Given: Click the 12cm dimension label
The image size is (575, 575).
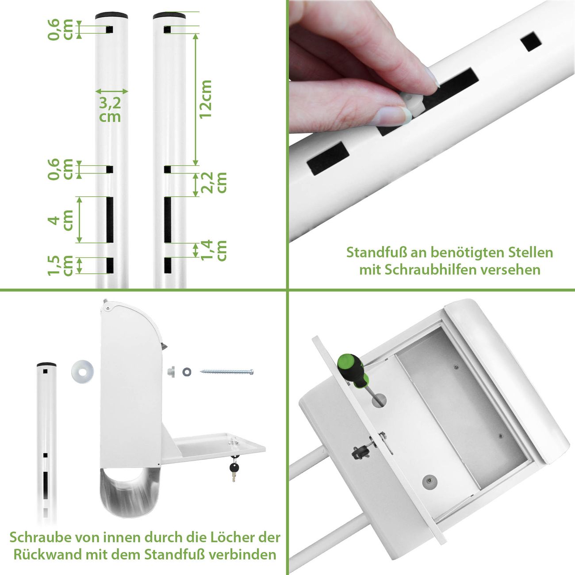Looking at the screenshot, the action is (206, 100).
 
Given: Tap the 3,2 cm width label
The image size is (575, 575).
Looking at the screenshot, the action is (110, 110).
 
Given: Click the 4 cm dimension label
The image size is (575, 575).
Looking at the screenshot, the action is (60, 220).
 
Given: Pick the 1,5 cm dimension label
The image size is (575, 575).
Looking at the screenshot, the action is (60, 265).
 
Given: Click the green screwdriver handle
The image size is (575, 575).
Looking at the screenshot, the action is (353, 370).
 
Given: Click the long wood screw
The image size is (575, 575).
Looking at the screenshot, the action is (227, 372).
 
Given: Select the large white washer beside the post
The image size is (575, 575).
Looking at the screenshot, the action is (83, 372).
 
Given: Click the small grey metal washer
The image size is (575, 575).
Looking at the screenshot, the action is (187, 372).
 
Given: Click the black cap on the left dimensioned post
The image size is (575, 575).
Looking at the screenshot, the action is (111, 15).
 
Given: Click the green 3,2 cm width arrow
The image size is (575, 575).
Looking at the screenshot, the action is (112, 91).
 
